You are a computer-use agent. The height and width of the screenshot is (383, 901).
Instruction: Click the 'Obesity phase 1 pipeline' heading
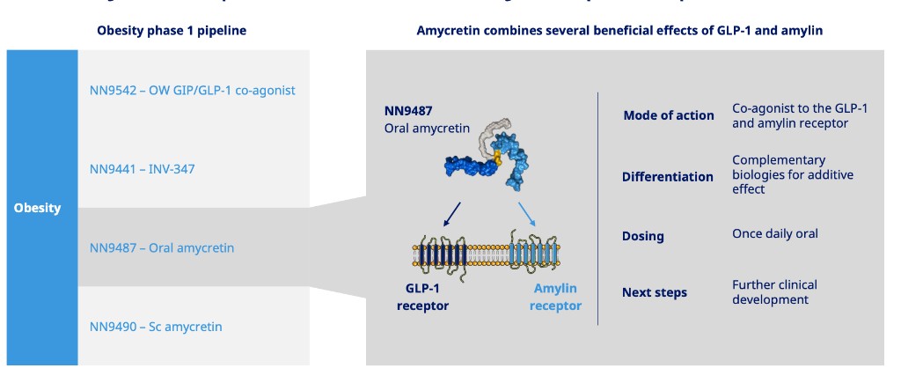click(x=171, y=31)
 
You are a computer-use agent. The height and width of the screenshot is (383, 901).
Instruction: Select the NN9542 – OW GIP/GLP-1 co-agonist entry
click(x=192, y=90)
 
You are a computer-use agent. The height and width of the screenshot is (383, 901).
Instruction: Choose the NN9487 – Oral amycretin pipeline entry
click(x=162, y=247)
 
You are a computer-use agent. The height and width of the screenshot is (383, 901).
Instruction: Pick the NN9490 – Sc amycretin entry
click(x=156, y=327)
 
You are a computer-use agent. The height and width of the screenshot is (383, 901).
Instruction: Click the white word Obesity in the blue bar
click(x=37, y=208)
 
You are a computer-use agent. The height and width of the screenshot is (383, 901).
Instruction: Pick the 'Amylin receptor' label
click(x=554, y=298)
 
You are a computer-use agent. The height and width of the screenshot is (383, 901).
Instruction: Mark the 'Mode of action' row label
click(x=668, y=115)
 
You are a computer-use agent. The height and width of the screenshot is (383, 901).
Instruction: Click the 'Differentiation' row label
click(x=667, y=176)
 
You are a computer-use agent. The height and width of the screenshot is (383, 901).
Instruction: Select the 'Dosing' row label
click(x=642, y=236)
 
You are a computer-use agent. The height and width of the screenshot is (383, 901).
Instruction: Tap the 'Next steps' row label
click(x=654, y=292)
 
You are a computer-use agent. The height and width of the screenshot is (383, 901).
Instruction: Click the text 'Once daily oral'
click(x=774, y=234)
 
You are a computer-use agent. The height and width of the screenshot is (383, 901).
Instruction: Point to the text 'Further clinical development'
click(x=774, y=292)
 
